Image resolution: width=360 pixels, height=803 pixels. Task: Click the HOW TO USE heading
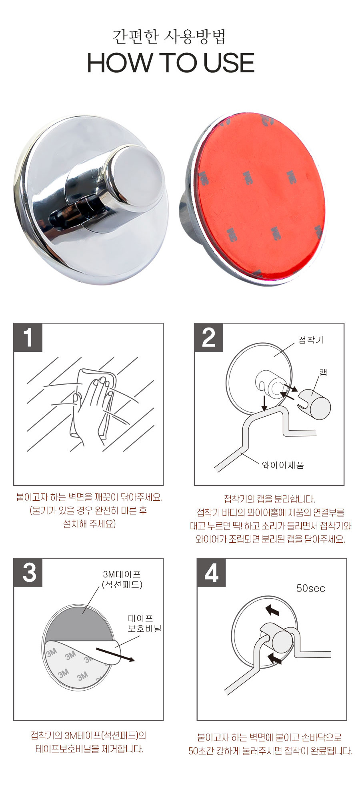tap(171, 63)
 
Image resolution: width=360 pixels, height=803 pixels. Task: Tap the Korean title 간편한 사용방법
tap(169, 36)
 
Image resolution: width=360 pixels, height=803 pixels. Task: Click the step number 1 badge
tap(28, 338)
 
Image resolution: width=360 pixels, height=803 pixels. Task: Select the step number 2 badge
tap(209, 338)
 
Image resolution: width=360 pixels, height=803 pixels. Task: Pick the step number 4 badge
tap(212, 573)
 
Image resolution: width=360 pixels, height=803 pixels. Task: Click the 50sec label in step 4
tap(310, 588)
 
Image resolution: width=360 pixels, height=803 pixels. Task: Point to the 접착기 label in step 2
tap(311, 340)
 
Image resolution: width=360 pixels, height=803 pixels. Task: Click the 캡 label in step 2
tap(323, 373)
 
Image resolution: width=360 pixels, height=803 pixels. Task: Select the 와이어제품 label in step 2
tap(283, 465)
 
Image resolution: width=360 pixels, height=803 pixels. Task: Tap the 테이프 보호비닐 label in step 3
tap(144, 623)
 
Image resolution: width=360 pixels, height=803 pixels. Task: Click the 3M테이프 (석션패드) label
tap(122, 579)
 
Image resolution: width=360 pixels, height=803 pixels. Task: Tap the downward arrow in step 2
tap(264, 403)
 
